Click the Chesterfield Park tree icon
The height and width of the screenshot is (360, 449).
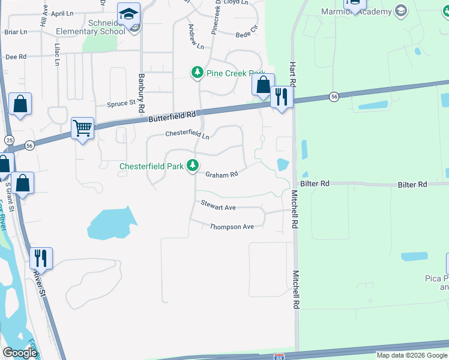[x=192, y=165]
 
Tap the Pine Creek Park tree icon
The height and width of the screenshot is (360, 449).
[x=197, y=73]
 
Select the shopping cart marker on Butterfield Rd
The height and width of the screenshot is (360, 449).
[x=82, y=127]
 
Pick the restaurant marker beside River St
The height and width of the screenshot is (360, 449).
[x=41, y=258]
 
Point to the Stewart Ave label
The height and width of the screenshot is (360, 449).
[x=218, y=207]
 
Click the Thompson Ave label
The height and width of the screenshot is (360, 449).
[x=232, y=227]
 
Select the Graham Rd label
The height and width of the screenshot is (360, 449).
[x=222, y=175]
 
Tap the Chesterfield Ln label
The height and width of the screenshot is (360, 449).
[x=187, y=135]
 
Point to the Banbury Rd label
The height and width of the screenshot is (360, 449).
[x=142, y=93]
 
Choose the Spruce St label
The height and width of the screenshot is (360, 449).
[x=121, y=103]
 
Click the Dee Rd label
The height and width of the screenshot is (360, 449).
[x=16, y=56]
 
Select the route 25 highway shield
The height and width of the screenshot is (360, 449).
[x=9, y=139]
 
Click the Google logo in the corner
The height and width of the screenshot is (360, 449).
[x=20, y=353]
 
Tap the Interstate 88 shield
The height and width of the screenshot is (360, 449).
[x=279, y=356]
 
